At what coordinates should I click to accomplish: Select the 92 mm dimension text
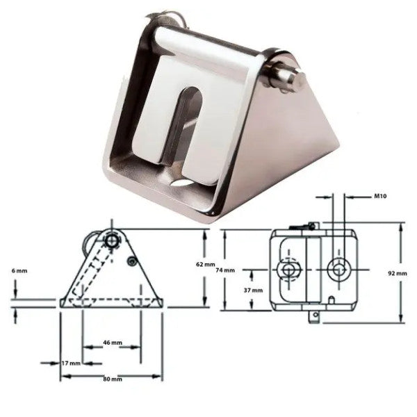coord(398,273)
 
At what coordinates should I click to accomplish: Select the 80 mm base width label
coord(111,379)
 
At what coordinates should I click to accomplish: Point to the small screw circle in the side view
coord(131,261)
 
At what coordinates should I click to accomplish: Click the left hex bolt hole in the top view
coord(288,269)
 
